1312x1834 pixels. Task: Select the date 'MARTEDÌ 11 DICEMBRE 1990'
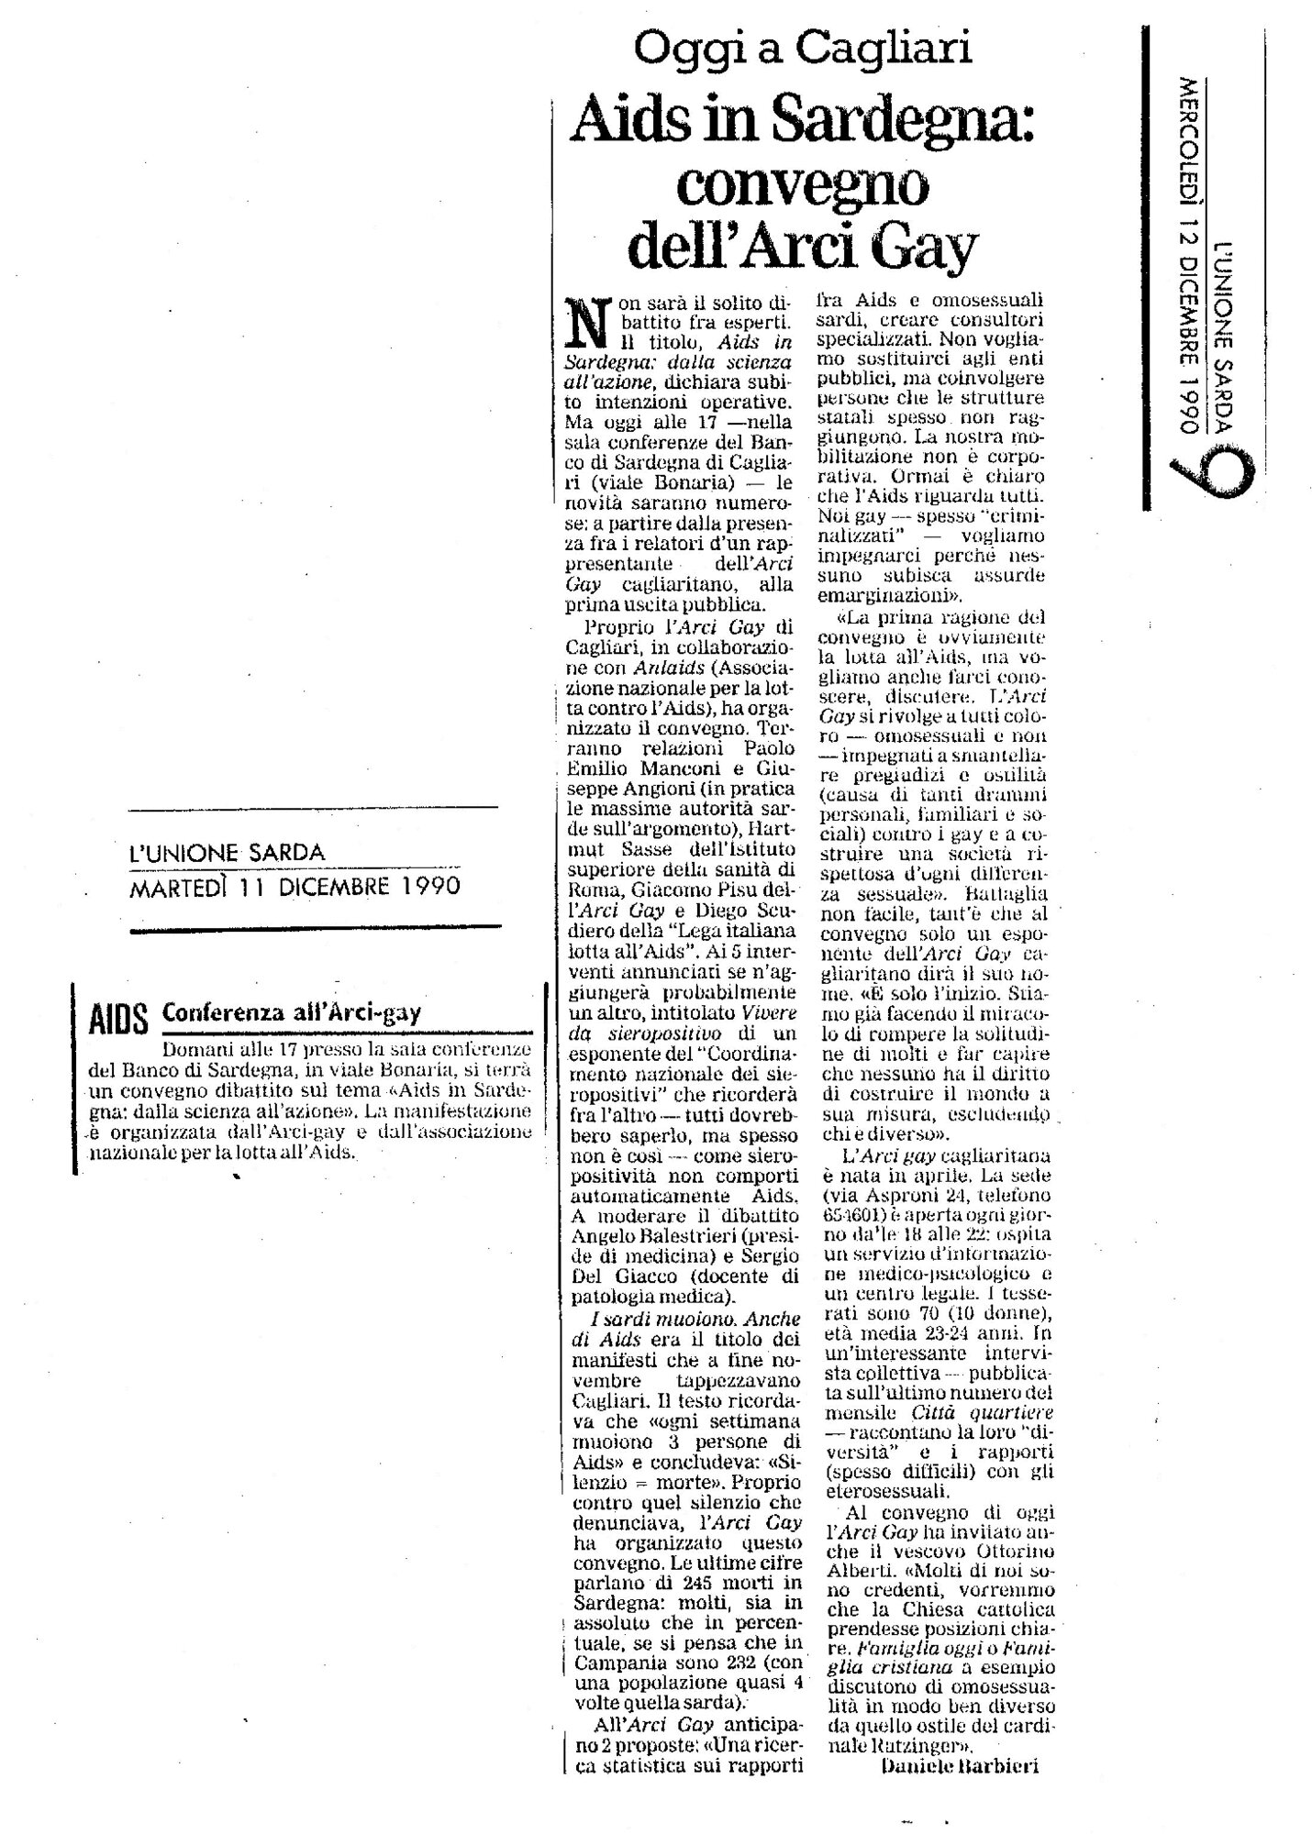pos(295,888)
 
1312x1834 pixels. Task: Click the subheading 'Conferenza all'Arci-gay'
pos(291,1012)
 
